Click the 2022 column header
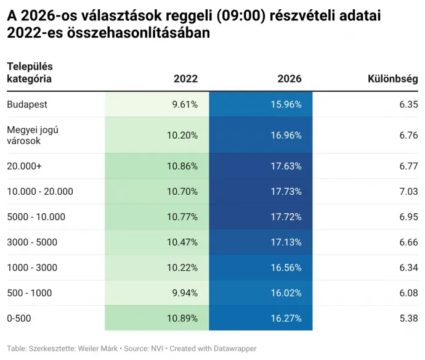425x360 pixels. (185, 79)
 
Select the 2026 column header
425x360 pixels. (289, 79)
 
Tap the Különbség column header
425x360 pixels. (392, 79)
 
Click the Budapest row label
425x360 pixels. (26, 104)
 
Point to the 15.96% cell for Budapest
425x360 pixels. (286, 104)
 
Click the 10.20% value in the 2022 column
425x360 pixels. (182, 135)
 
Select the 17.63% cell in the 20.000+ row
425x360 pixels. (286, 166)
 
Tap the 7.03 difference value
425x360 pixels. (408, 191)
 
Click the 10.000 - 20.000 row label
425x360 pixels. (40, 191)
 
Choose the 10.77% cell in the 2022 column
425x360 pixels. (182, 217)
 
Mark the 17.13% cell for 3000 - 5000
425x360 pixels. (286, 242)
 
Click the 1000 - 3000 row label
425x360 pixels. (32, 268)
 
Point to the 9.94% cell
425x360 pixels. (185, 293)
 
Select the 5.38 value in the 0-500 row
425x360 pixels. (408, 318)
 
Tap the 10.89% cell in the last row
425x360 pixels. (182, 318)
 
